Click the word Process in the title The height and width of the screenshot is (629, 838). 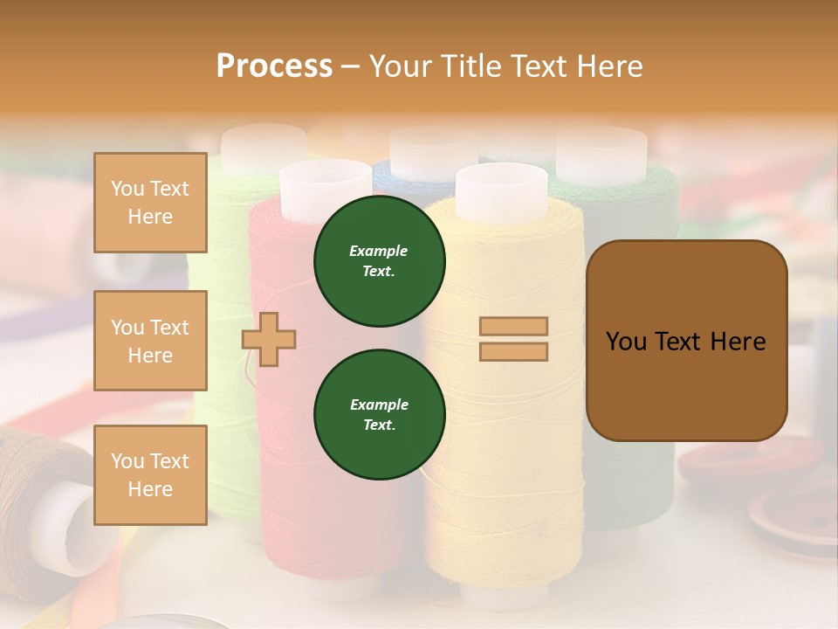[x=274, y=66]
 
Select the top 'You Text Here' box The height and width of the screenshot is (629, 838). [x=150, y=203]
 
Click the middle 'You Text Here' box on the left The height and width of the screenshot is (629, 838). [x=150, y=341]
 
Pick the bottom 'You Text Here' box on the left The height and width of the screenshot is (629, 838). [x=150, y=475]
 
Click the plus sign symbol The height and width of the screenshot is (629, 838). [x=269, y=339]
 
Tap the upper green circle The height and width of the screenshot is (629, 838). [x=380, y=261]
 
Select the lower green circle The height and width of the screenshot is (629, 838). [x=380, y=415]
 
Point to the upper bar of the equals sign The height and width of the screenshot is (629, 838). [x=514, y=327]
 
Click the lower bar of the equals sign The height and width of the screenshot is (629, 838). [x=514, y=351]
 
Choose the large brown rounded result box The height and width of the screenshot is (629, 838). [x=686, y=341]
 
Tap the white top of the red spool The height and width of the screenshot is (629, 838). [x=325, y=183]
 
